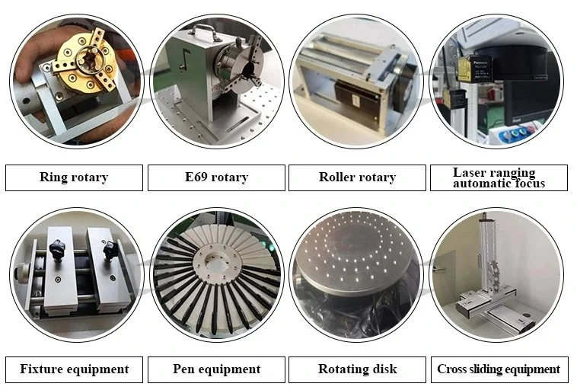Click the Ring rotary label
click(74, 177)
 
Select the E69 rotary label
click(216, 177)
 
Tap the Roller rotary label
click(357, 177)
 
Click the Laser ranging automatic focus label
click(499, 177)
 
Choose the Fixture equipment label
click(74, 369)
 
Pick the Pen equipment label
click(216, 369)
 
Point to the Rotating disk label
click(357, 369)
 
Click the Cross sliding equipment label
click(499, 369)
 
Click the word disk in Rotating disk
click(384, 369)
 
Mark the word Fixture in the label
click(43, 369)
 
